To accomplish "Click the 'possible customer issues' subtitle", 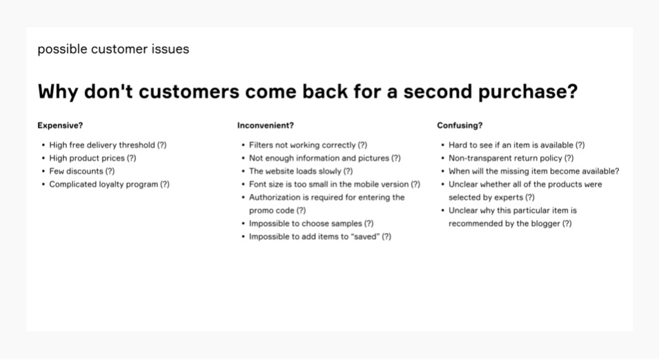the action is pyautogui.click(x=113, y=49).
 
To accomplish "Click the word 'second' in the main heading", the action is pyautogui.click(x=437, y=91).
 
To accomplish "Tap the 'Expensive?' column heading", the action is pyautogui.click(x=60, y=126).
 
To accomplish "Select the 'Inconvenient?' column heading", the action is pyautogui.click(x=266, y=126).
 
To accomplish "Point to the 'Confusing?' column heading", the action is pyautogui.click(x=460, y=126).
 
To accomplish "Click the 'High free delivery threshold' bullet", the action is pyautogui.click(x=108, y=145).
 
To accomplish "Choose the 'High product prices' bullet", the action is pyautogui.click(x=93, y=158).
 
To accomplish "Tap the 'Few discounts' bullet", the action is pyautogui.click(x=82, y=171).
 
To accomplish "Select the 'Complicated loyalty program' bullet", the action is pyautogui.click(x=109, y=184).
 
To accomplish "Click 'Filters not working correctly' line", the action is pyautogui.click(x=308, y=145).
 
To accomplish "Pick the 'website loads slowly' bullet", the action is pyautogui.click(x=301, y=171).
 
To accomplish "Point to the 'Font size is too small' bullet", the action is pyautogui.click(x=335, y=184).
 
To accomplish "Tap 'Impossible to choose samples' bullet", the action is pyautogui.click(x=311, y=223).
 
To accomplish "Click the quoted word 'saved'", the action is pyautogui.click(x=366, y=237).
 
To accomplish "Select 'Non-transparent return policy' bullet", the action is pyautogui.click(x=511, y=158).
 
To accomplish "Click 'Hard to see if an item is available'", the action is pyautogui.click(x=517, y=145).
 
